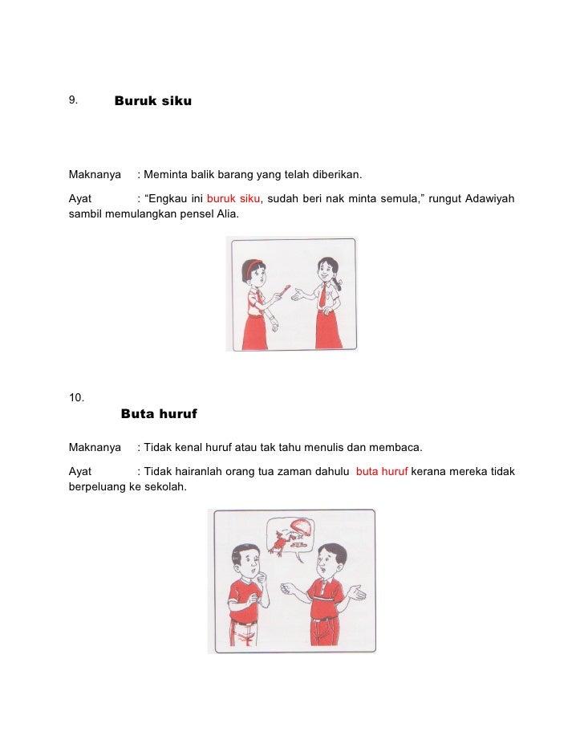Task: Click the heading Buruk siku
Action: [x=152, y=102]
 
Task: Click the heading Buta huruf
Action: [x=158, y=414]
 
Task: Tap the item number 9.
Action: [x=72, y=100]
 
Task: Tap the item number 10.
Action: [x=76, y=396]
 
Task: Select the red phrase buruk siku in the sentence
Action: [x=233, y=199]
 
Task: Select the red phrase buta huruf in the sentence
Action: [x=382, y=471]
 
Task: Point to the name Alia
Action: [x=217, y=215]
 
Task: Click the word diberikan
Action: [x=335, y=174]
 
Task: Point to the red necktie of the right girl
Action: [x=322, y=297]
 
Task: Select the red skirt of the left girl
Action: [x=254, y=331]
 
